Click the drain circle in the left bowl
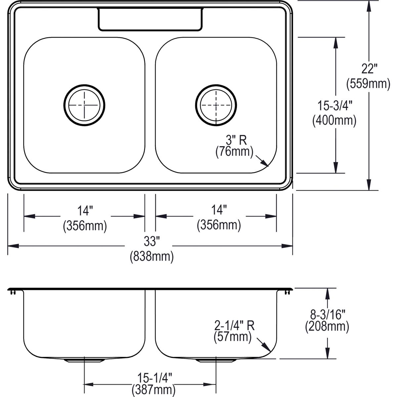click(84, 105)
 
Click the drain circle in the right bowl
click(216, 105)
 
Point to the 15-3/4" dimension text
click(335, 106)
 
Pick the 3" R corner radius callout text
click(236, 140)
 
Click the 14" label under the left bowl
click(85, 210)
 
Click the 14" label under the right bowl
click(219, 210)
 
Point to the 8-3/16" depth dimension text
click(327, 313)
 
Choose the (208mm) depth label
click(327, 327)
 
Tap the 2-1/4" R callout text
click(234, 326)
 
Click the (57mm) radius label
click(233, 337)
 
